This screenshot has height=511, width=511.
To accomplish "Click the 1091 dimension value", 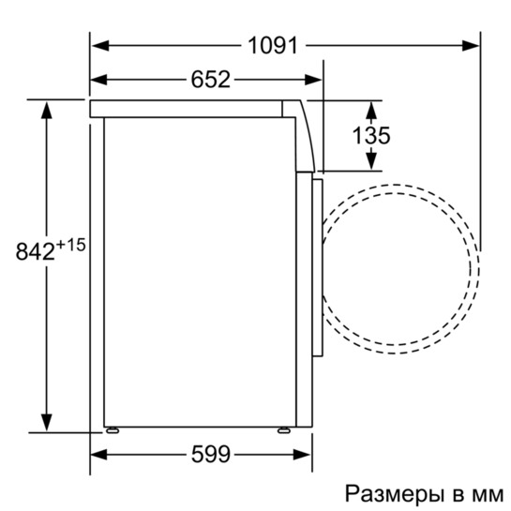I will pos(273,44).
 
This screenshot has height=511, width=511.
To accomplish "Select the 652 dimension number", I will pos(212,80).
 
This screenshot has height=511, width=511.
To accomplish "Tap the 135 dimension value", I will pos(371,136).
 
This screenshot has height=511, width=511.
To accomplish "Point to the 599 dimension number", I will pos(210,455).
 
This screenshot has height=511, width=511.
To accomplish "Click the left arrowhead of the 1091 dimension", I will pos(98,44).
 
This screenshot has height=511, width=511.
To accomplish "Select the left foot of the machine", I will pos(113,431).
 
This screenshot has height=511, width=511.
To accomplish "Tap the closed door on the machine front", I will pos(317,267).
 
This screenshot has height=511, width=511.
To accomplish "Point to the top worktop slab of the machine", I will pos(188,108).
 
